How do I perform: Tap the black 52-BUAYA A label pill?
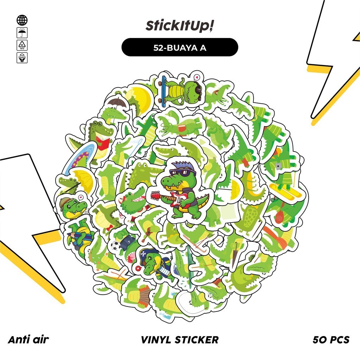(180, 47)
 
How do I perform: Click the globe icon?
(22, 20)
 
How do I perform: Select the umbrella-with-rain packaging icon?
(22, 33)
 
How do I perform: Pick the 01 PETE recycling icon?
(22, 45)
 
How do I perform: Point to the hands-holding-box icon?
(22, 58)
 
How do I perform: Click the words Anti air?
(28, 340)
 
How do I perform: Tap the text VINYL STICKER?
(180, 340)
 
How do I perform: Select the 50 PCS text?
(331, 340)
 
